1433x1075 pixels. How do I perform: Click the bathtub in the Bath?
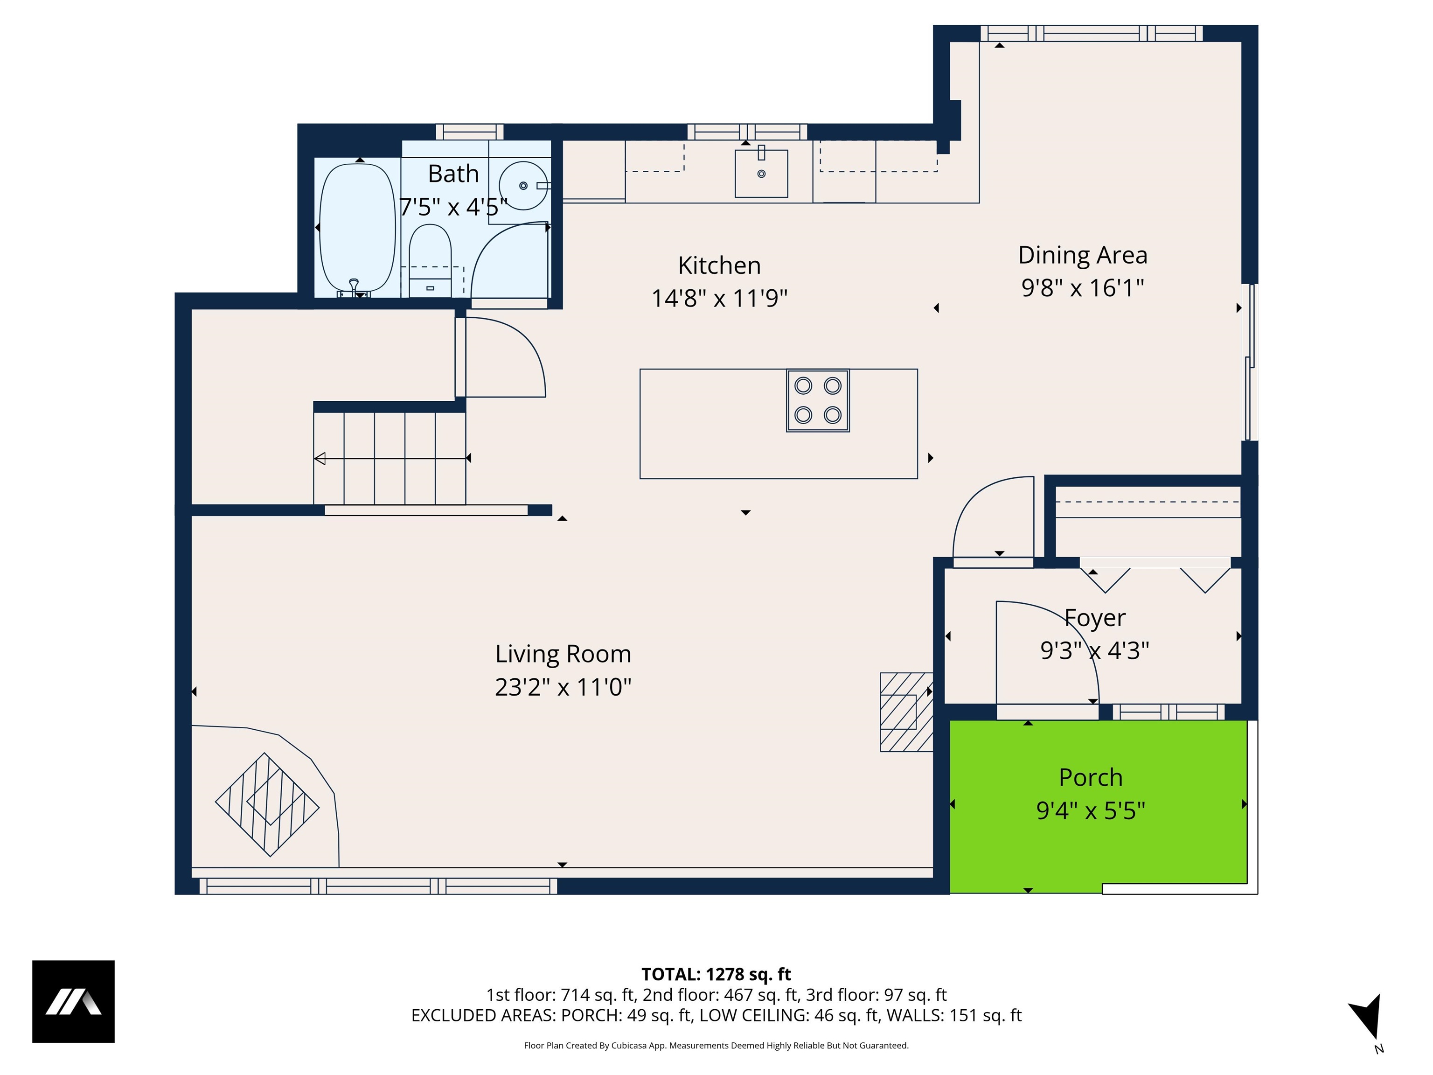[357, 228]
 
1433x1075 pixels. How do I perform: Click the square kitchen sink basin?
[761, 174]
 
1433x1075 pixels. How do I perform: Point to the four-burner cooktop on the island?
[818, 400]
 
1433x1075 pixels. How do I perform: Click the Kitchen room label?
[719, 265]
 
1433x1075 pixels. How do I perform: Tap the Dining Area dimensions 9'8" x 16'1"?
[1083, 288]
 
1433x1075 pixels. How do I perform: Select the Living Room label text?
[563, 654]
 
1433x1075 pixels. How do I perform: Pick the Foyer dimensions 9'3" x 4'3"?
[1094, 650]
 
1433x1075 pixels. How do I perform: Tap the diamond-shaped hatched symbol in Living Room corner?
[267, 804]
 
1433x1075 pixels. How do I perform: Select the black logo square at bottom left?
[73, 1001]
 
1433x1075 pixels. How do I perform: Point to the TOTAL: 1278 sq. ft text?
[716, 974]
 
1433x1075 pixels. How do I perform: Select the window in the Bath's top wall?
[469, 132]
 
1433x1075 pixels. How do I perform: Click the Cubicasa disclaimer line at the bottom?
[716, 1045]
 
